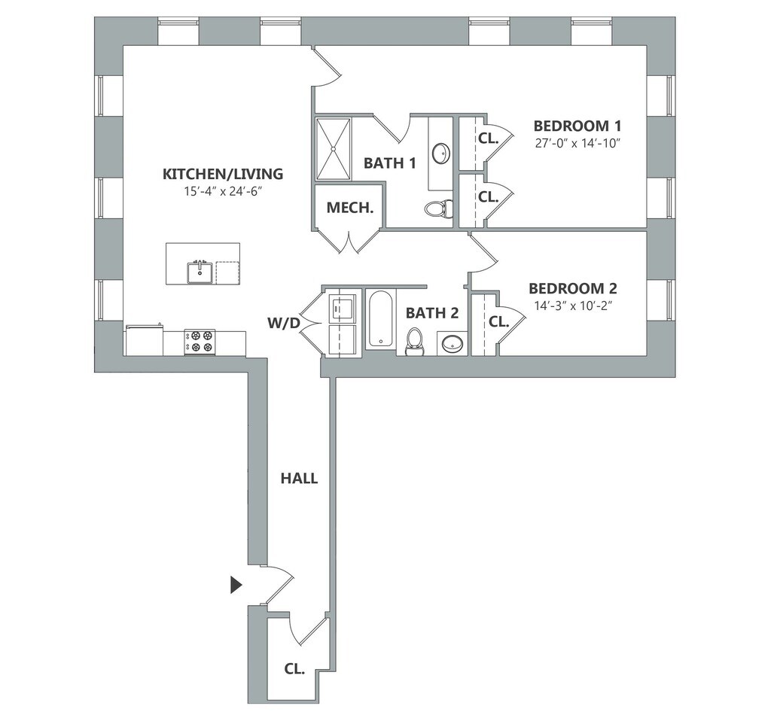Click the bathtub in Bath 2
(380, 319)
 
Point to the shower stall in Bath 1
(334, 148)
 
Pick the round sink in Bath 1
(441, 153)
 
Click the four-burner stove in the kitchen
(200, 342)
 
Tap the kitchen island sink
(200, 272)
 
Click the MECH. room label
(350, 208)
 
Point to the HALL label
(299, 478)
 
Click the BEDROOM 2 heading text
(573, 288)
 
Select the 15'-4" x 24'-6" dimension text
(222, 191)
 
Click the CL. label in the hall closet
(294, 668)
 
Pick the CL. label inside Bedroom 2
(498, 321)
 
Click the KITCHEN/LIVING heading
(223, 174)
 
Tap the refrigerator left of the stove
(144, 341)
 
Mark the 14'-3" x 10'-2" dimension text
(574, 306)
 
